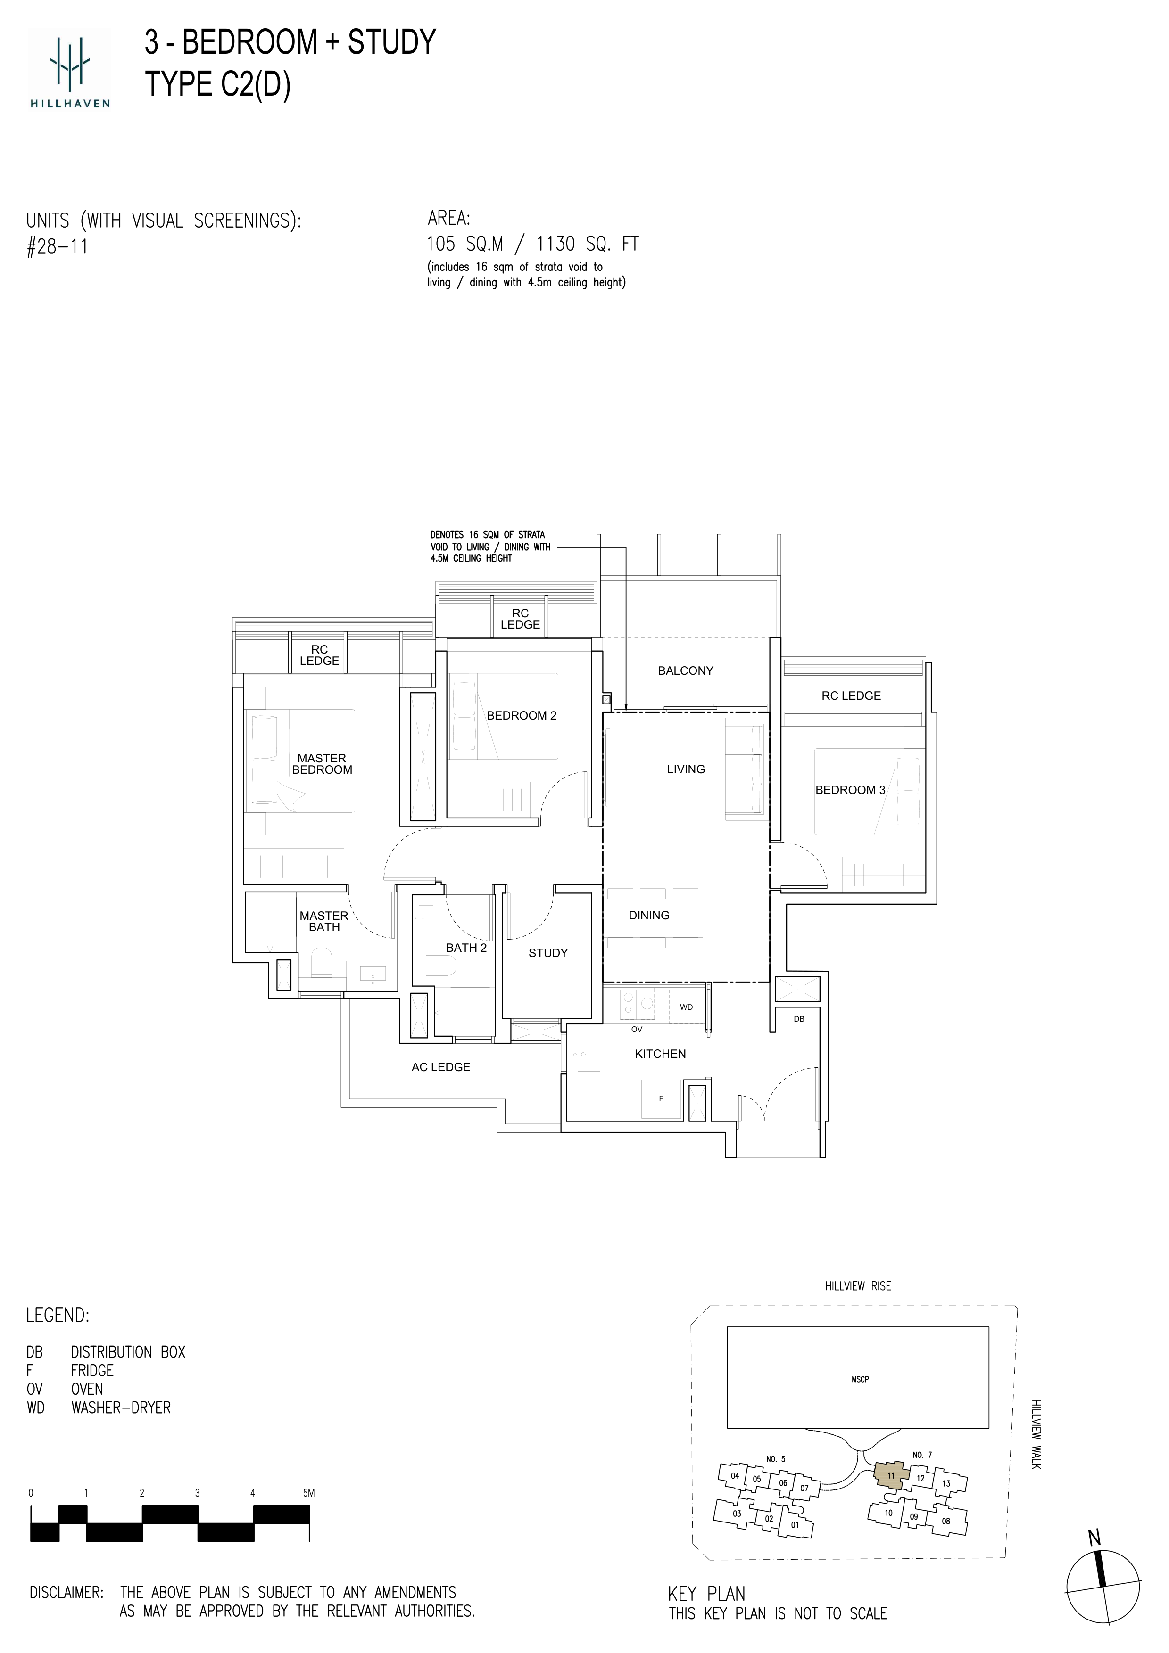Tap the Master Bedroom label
click(x=322, y=764)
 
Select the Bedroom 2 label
click(x=522, y=716)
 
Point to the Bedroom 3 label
click(x=850, y=790)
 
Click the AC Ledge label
click(x=441, y=1067)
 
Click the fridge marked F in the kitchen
click(x=661, y=1099)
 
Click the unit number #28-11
click(x=57, y=247)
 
